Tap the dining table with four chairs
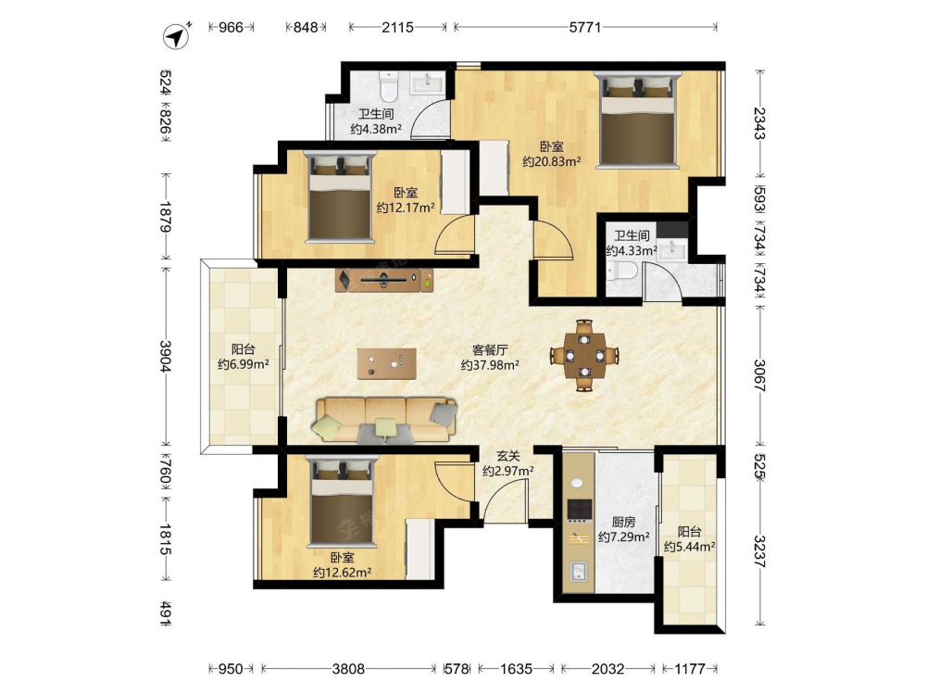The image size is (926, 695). point(584,356)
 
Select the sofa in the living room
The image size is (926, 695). point(387,420)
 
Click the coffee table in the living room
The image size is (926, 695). point(387,363)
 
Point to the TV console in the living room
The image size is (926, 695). point(384,280)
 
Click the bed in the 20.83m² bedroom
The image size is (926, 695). point(637,120)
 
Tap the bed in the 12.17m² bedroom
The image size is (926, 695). point(340,196)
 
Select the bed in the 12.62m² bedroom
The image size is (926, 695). point(344,499)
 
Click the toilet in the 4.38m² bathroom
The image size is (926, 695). point(388,86)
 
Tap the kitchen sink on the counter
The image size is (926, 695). point(579,571)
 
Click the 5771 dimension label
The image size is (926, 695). point(584,27)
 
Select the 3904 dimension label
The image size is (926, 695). point(166,356)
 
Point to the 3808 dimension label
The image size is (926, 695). point(348,669)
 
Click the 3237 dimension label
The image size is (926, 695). point(760,551)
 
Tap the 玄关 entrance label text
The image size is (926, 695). point(507,456)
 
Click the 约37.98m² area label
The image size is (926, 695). point(490,365)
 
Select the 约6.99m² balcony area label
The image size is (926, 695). point(244,364)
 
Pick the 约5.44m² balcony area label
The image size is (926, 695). point(689,548)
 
